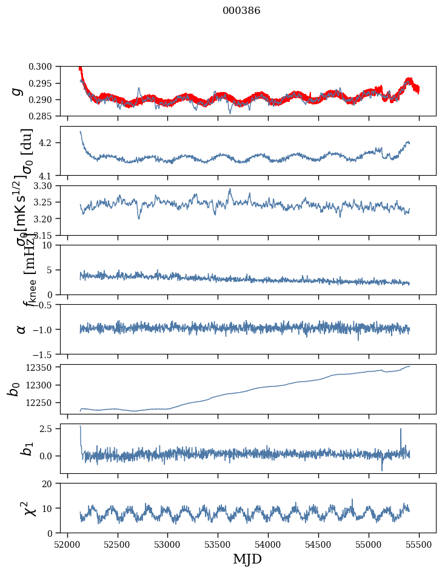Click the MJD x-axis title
coord(247,559)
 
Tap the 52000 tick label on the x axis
coord(67,544)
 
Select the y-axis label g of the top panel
coord(16,91)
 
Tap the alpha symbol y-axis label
coord(21,329)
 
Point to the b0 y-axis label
coord(13,388)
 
